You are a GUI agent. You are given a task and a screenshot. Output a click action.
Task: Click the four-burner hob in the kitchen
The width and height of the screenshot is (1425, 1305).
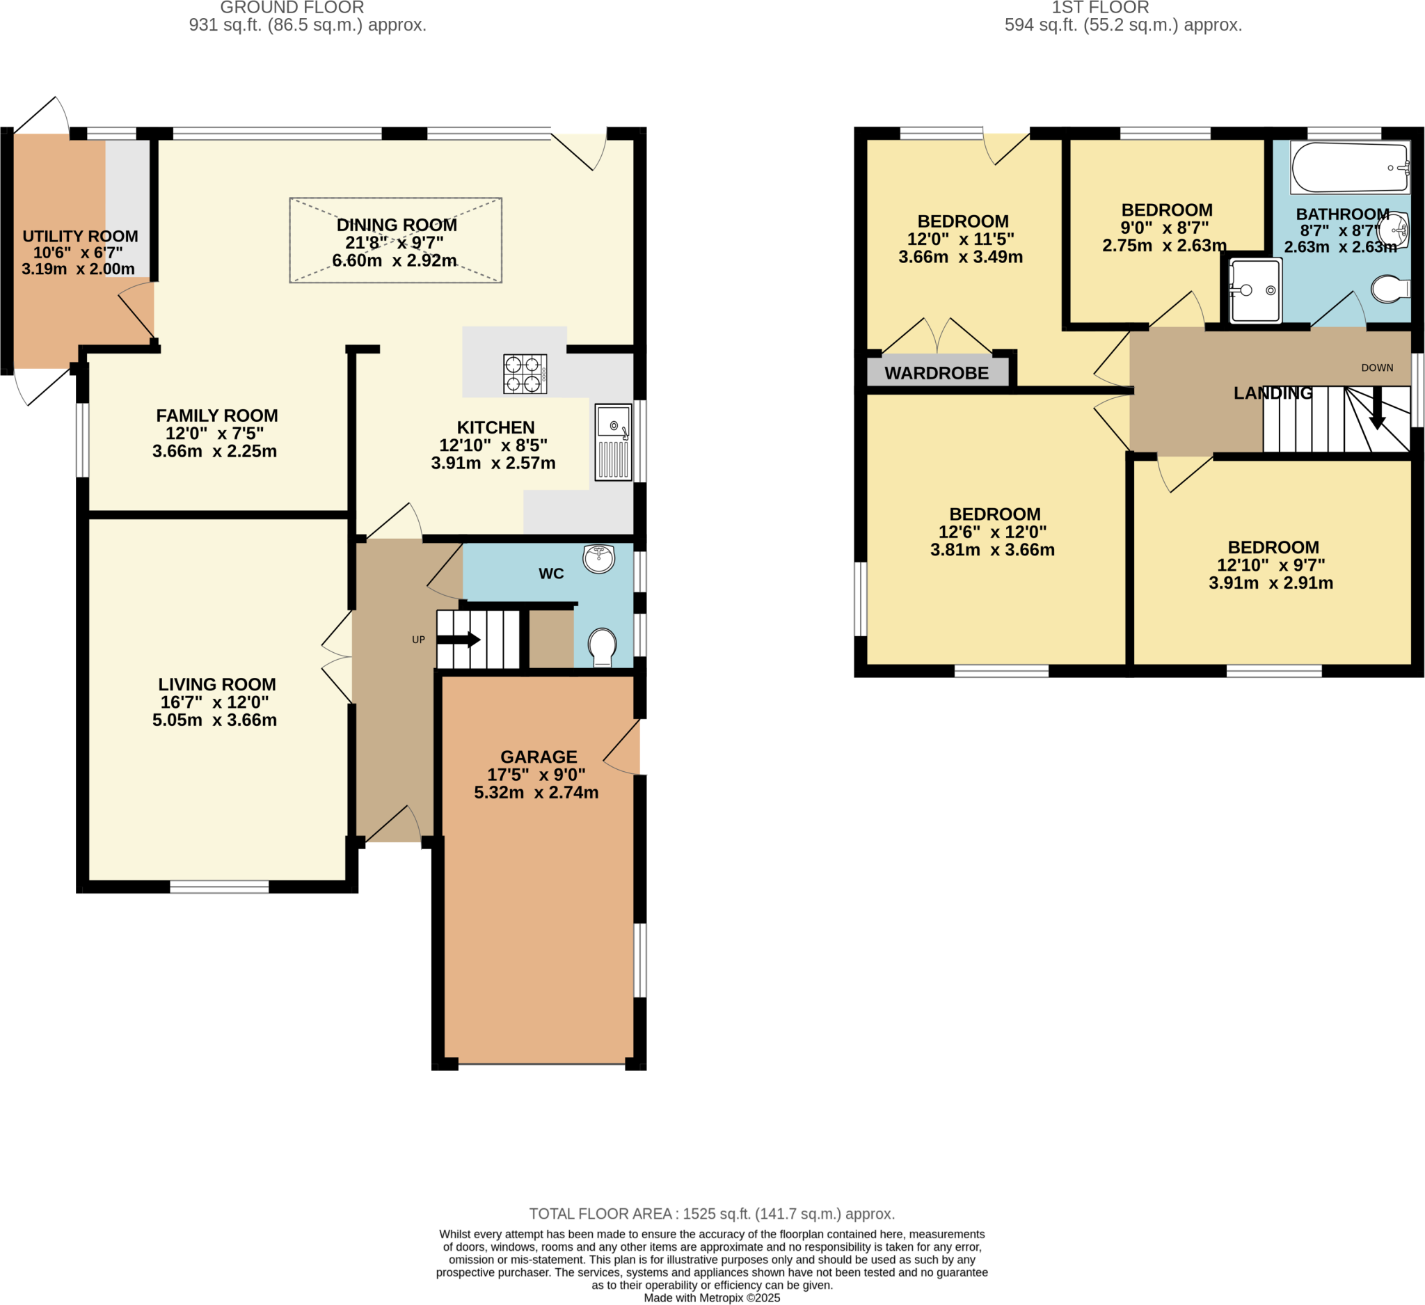525,373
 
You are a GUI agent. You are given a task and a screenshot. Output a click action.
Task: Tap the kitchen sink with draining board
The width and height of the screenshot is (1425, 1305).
613,443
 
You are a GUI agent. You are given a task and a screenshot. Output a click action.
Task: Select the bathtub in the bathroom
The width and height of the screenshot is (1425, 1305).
1349,168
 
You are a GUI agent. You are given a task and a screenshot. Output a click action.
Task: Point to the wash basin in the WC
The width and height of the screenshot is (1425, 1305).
598,558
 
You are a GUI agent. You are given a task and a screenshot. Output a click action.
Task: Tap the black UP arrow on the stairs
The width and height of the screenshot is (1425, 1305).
459,640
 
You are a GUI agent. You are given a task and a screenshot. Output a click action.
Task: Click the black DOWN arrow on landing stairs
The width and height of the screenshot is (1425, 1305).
1377,409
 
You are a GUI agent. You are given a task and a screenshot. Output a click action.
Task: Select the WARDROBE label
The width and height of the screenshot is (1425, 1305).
937,373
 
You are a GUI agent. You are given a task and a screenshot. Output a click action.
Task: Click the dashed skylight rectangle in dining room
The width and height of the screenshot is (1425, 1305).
396,240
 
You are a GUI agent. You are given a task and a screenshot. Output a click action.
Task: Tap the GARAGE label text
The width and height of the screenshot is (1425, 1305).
539,757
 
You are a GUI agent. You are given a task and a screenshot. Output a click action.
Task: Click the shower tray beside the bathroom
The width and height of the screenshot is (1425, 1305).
1255,290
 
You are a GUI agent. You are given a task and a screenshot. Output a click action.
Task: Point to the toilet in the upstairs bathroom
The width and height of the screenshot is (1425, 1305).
1390,289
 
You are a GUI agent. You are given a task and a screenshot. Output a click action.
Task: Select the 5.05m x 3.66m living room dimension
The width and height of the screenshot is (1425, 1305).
214,720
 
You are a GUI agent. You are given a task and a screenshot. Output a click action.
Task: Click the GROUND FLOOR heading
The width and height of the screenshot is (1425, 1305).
292,8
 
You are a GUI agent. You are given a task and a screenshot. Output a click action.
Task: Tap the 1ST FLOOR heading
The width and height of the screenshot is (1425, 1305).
1100,8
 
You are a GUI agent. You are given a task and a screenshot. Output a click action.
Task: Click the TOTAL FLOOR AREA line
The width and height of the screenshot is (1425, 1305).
712,1214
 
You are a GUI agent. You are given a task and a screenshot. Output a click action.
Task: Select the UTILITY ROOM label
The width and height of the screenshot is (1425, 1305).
80,236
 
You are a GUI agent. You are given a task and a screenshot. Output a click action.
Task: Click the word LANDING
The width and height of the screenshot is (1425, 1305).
1273,393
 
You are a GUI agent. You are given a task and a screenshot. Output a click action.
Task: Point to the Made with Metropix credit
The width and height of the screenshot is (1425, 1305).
712,1298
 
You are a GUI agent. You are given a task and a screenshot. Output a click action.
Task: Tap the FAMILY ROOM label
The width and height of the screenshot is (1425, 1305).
217,416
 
